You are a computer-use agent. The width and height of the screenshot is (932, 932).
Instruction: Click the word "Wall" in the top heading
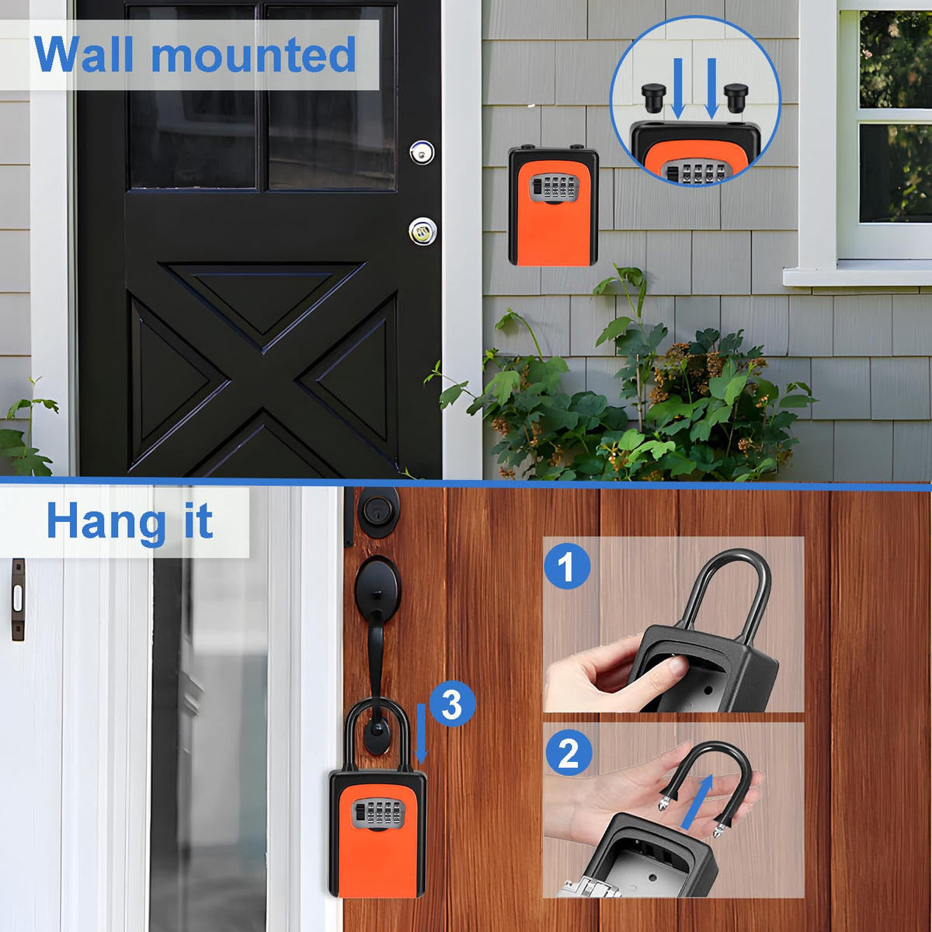[83, 54]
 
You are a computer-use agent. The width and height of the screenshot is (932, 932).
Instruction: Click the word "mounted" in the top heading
[253, 55]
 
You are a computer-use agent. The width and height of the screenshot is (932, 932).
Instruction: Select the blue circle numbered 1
[567, 566]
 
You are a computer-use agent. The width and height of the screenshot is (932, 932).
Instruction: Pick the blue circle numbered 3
[452, 704]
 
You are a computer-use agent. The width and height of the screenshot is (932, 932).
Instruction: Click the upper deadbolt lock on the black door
[422, 153]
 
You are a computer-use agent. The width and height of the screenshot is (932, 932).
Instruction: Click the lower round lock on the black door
[423, 231]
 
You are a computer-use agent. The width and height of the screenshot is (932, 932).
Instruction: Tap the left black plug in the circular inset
[654, 96]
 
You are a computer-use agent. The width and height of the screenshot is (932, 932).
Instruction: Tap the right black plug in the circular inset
[736, 97]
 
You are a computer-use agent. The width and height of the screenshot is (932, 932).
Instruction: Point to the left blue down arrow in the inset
[678, 89]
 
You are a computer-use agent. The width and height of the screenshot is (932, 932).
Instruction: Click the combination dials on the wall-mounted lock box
[554, 188]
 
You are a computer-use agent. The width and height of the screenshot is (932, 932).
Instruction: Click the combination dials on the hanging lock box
[378, 812]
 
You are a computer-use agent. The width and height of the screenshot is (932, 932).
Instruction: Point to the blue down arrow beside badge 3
[421, 734]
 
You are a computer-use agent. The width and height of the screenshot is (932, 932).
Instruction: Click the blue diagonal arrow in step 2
[697, 802]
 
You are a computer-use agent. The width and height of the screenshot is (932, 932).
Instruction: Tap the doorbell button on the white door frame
[18, 600]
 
